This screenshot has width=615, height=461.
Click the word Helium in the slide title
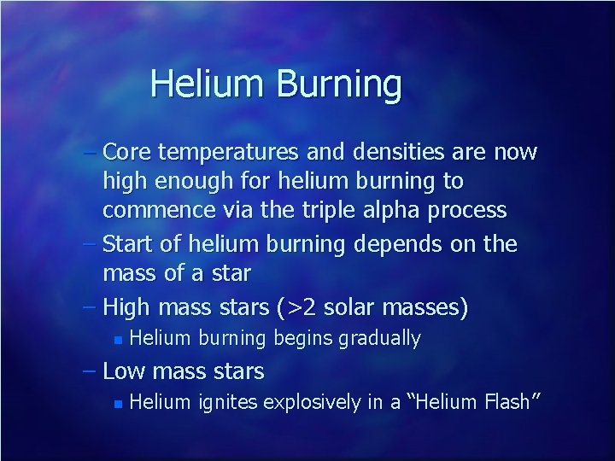(x=208, y=84)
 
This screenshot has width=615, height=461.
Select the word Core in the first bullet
(x=127, y=152)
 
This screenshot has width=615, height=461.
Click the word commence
(x=160, y=209)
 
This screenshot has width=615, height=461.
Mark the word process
(x=475, y=210)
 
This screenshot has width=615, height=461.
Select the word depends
(x=392, y=245)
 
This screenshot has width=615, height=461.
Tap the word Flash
(x=506, y=401)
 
